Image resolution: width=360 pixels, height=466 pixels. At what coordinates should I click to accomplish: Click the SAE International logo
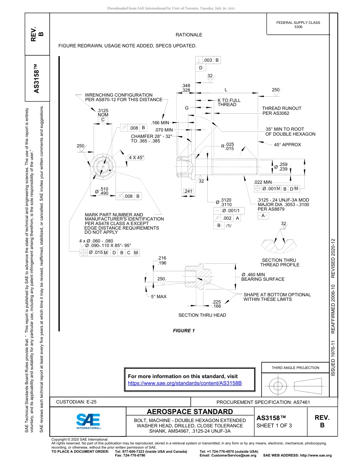tap(88, 421)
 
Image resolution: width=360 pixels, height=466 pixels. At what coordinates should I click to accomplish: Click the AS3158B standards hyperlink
tap(185, 383)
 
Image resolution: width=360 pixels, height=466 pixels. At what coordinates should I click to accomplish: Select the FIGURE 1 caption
tap(184, 331)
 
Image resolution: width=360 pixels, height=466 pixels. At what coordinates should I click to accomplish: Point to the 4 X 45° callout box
tap(136, 157)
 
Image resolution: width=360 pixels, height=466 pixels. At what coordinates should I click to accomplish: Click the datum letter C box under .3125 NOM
tap(102, 120)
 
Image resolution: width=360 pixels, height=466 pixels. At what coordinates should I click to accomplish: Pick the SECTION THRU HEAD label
tap(202, 315)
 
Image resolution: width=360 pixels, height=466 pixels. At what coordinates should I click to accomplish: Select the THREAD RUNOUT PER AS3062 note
tap(282, 111)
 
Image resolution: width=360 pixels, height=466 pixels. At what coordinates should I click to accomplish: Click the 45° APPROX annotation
tap(287, 145)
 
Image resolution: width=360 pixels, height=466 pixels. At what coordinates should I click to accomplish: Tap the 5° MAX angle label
tap(158, 297)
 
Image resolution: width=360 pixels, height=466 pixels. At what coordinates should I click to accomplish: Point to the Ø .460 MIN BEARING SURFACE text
tap(263, 277)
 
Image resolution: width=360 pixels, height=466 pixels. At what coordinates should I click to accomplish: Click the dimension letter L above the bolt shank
tap(226, 90)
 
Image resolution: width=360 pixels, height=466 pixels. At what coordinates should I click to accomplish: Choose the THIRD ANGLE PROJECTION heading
tap(295, 367)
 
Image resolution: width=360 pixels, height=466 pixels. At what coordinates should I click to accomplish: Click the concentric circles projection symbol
tap(279, 385)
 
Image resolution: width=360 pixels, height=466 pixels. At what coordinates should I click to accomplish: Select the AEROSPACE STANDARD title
tap(190, 412)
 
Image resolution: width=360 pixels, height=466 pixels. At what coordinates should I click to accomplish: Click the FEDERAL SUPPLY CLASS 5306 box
tap(298, 25)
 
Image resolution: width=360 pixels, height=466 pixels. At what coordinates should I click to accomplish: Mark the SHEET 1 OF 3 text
tap(274, 425)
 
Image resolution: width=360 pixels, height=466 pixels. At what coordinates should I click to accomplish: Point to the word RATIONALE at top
tap(189, 35)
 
